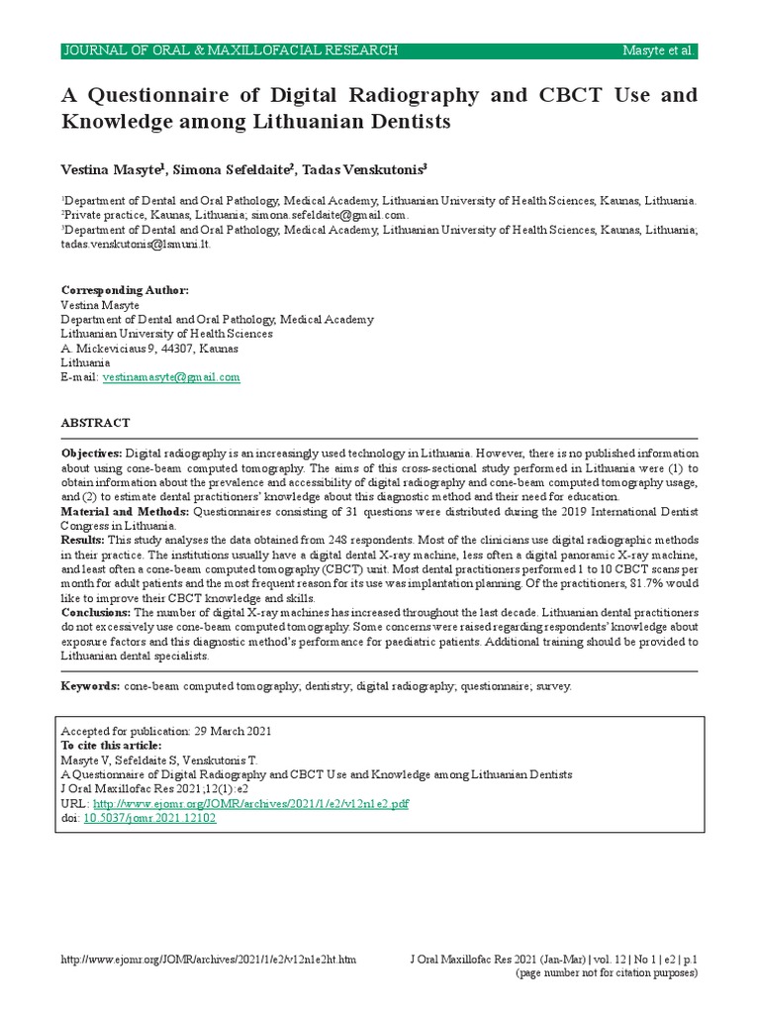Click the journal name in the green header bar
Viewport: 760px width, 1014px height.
(x=231, y=51)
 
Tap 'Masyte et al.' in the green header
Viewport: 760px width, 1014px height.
(x=659, y=51)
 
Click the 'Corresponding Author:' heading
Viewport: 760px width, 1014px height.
(x=124, y=290)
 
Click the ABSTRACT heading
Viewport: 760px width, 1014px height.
(x=96, y=423)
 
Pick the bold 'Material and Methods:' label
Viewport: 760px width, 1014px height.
(x=126, y=511)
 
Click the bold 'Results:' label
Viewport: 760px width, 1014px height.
(x=83, y=540)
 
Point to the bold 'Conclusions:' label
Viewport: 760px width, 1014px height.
(x=96, y=613)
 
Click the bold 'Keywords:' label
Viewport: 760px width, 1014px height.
(x=91, y=685)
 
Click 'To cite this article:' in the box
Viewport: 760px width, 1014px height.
(x=111, y=745)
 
